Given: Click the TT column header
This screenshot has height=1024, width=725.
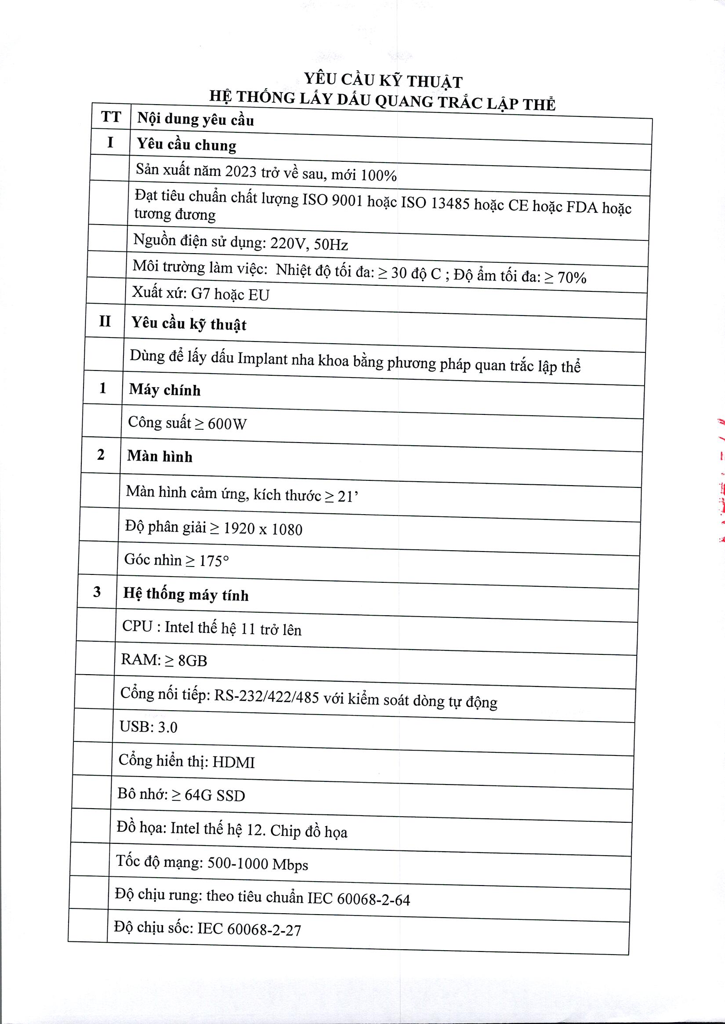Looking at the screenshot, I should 111,117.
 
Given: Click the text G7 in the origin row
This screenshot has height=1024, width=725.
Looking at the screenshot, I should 201,294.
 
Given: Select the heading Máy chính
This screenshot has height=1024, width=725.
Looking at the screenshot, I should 165,390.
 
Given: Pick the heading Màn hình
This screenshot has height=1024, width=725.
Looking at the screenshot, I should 160,456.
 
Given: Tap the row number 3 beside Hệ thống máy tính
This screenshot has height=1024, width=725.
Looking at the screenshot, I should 97,592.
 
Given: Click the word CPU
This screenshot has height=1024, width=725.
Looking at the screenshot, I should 138,626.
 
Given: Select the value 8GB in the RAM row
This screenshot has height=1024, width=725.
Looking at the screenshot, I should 192,661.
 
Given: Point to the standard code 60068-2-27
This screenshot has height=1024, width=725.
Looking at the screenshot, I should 264,930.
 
